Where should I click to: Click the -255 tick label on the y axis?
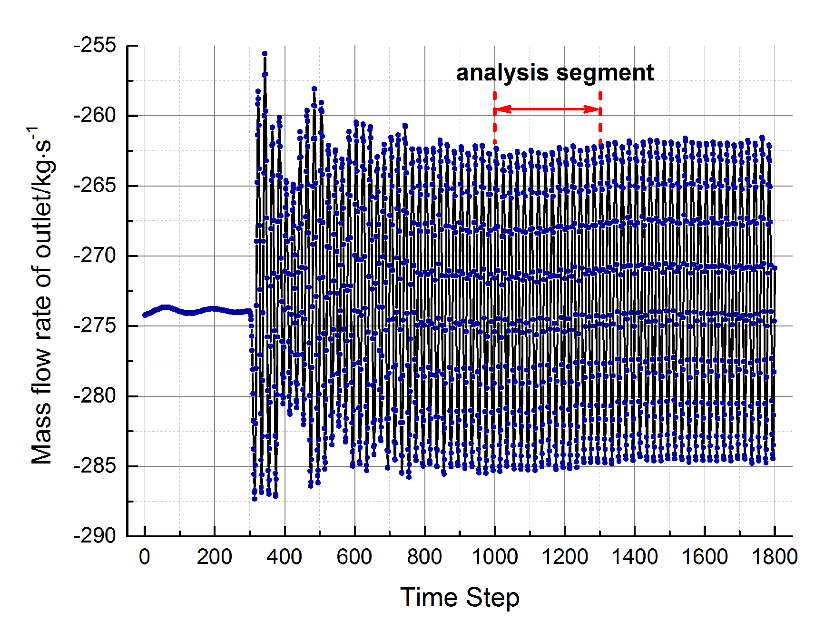click(x=95, y=46)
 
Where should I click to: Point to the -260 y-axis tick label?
click(x=95, y=116)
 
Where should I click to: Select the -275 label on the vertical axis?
click(x=95, y=326)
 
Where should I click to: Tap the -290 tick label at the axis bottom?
click(x=95, y=536)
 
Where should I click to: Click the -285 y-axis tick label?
click(x=95, y=466)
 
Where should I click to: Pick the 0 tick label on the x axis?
click(x=144, y=557)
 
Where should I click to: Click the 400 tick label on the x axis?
click(x=284, y=557)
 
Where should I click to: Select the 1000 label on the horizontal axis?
click(x=494, y=557)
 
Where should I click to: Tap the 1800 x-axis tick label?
click(x=774, y=557)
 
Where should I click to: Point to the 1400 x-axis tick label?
click(x=634, y=557)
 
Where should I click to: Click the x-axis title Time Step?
click(x=460, y=598)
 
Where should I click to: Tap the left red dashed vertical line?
click(x=494, y=119)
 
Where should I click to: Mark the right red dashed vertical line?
click(x=600, y=119)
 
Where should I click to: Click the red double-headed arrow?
click(x=547, y=109)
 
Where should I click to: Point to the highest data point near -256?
click(x=265, y=54)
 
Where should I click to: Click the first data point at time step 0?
click(x=145, y=315)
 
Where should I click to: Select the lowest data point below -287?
click(x=255, y=499)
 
